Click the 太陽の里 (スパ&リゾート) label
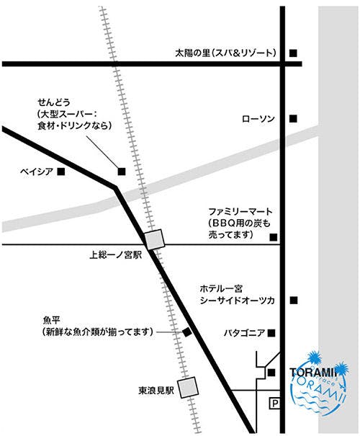[225, 53]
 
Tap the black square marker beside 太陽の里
[293, 53]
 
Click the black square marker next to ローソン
[293, 118]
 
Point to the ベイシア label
[37, 172]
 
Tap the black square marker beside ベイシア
[61, 172]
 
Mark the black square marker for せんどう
[121, 171]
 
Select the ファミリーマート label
[241, 213]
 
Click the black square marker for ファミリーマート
[272, 237]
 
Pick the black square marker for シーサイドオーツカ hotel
[293, 300]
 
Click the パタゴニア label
[245, 333]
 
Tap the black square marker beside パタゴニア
[271, 333]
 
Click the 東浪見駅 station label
[156, 391]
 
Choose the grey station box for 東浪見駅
[189, 388]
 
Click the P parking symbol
[274, 404]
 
